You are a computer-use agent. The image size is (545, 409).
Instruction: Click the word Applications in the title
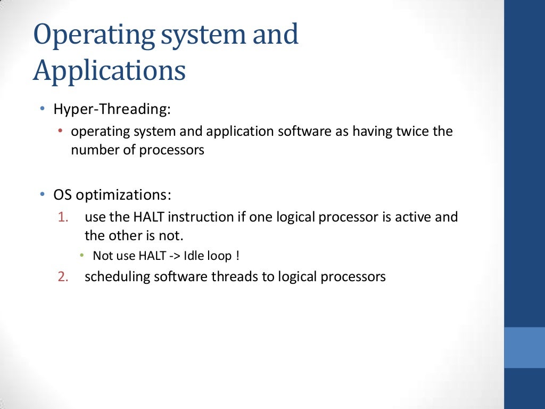pyautogui.click(x=109, y=71)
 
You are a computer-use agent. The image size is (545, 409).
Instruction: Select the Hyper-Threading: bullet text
pyautogui.click(x=112, y=110)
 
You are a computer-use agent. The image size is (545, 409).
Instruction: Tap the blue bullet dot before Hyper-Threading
pyautogui.click(x=42, y=109)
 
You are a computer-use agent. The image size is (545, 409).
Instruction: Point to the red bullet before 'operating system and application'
pyautogui.click(x=61, y=132)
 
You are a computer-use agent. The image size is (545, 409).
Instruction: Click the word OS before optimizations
pyautogui.click(x=62, y=195)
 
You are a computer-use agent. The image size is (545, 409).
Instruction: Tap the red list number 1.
pyautogui.click(x=63, y=217)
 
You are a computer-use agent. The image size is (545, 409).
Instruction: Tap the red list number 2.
pyautogui.click(x=63, y=277)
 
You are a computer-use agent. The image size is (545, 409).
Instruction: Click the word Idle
pyautogui.click(x=193, y=256)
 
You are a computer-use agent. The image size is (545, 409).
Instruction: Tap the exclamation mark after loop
pyautogui.click(x=237, y=256)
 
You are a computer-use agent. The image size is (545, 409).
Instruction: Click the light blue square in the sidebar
pyautogui.click(x=524, y=347)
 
